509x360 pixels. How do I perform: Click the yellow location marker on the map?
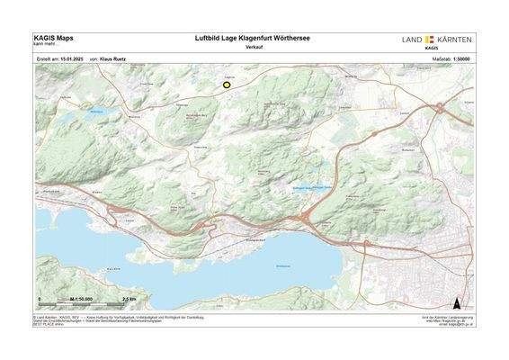point(228,85)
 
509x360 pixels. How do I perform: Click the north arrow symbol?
point(458,302)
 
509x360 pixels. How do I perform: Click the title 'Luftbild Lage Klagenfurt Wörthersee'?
point(254,39)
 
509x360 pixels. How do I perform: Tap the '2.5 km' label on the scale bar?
point(129,298)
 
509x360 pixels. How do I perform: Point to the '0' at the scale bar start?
point(40,298)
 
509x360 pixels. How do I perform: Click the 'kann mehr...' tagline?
point(45,45)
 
